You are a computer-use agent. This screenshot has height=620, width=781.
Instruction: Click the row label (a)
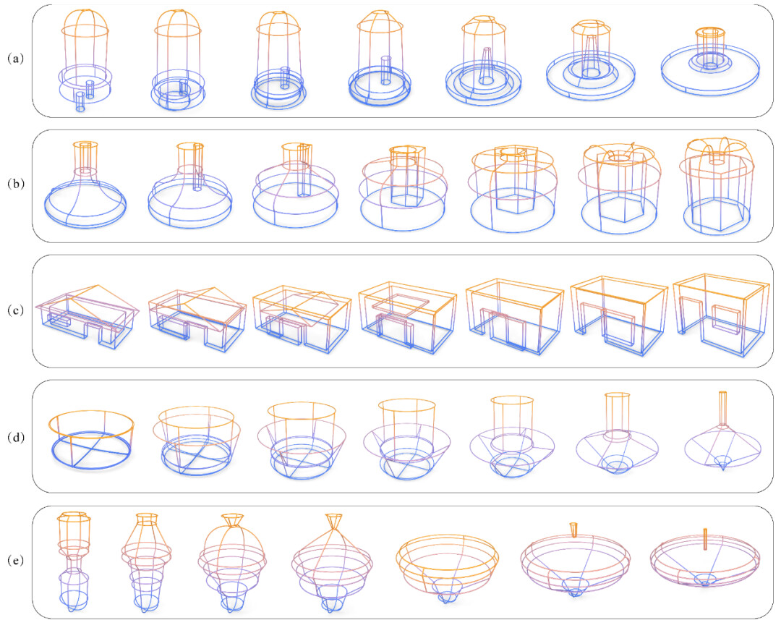coord(15,59)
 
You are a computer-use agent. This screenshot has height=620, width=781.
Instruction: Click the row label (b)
coord(15,184)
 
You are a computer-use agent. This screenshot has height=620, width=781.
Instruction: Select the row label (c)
coord(15,310)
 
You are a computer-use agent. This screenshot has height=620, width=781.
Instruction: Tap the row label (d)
coord(15,437)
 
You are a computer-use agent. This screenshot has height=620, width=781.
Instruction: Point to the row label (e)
coord(15,561)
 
